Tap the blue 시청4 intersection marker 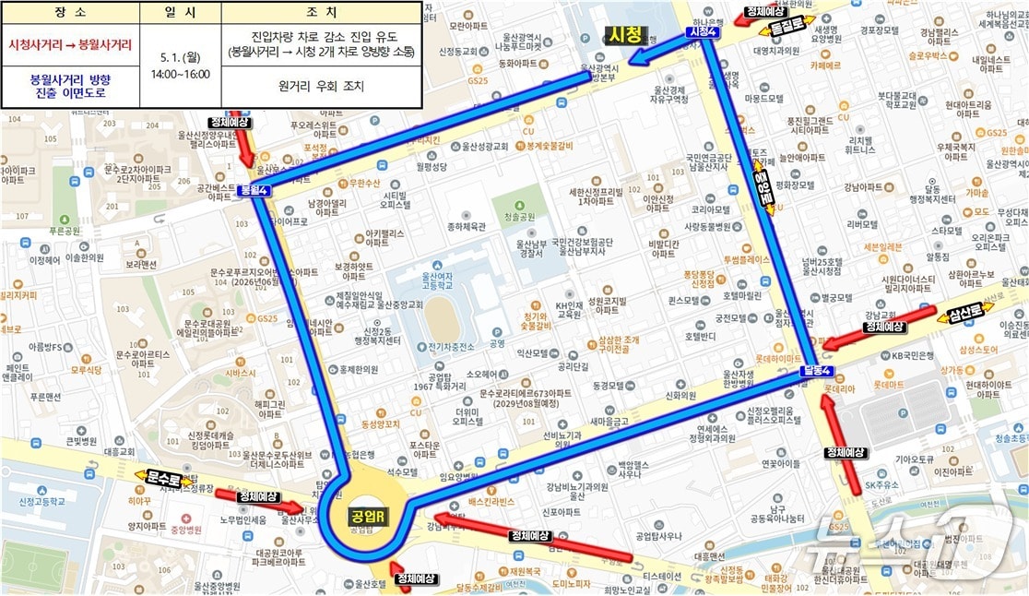(703, 31)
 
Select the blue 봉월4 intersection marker (254, 191)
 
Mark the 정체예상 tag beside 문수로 (257, 496)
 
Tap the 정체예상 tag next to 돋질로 (764, 12)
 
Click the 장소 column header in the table (70, 13)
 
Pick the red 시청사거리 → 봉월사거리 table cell (70, 44)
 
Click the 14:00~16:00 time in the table (180, 74)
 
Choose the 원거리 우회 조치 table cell (321, 86)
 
